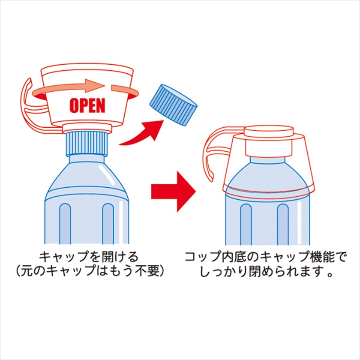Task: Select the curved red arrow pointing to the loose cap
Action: pos(141,134)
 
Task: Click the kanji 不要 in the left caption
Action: pos(148,272)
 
